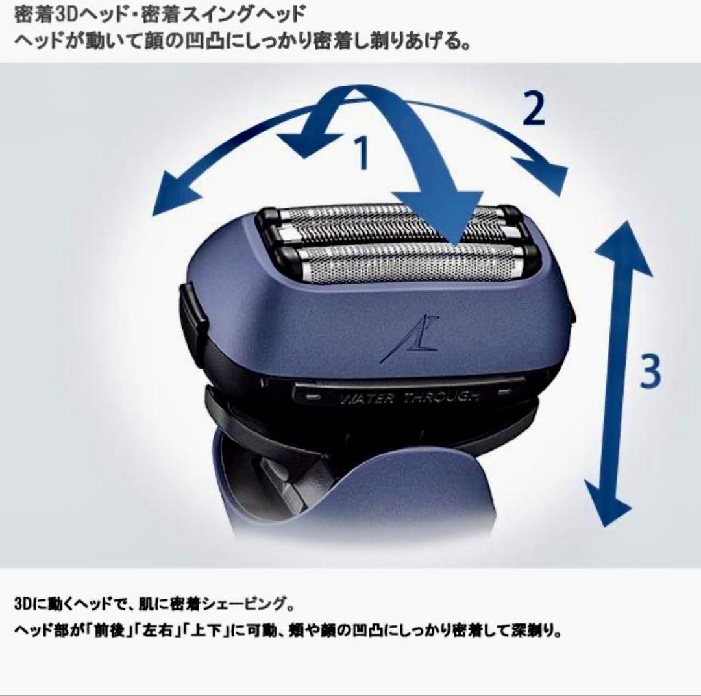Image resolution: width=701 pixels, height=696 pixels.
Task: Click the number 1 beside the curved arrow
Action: point(362,153)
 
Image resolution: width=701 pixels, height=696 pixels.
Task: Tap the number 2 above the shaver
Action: point(534,110)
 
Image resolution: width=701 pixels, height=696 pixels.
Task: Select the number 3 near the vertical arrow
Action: point(649,371)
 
